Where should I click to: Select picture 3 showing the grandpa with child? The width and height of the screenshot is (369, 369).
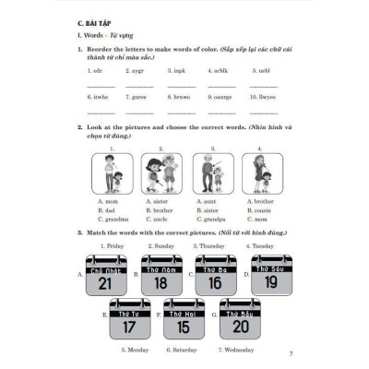coord(214,173)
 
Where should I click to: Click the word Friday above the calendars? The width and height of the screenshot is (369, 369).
coord(113,246)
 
